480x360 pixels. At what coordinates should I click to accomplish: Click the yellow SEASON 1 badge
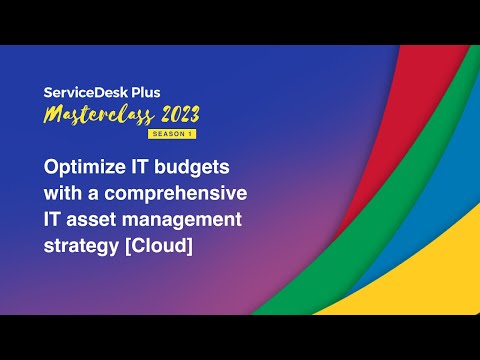173,133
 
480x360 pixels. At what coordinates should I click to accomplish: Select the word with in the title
62,190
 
